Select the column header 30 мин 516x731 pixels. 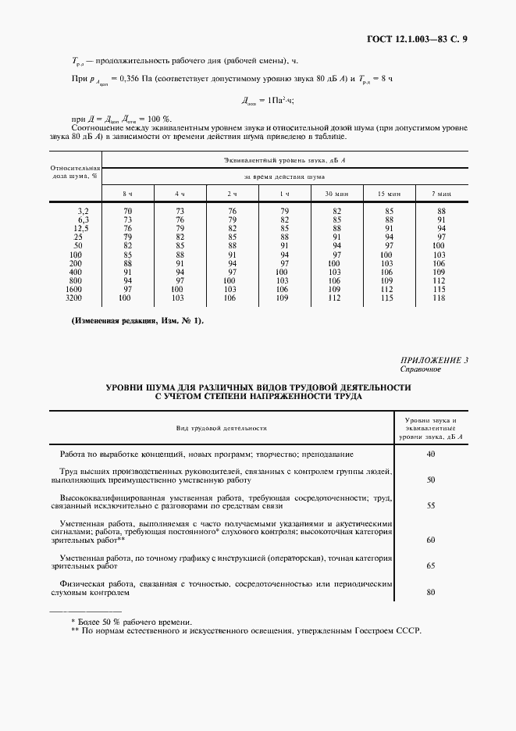(336, 193)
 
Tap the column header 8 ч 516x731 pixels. (126, 193)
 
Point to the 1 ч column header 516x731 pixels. (284, 193)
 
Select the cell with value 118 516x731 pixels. (440, 298)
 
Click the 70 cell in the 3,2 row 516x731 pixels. (126, 211)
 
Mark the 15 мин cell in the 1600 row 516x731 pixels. (386, 289)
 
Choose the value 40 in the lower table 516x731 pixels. (429, 455)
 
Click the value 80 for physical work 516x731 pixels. (429, 591)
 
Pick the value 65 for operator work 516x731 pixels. (429, 564)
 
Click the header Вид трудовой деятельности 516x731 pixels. (221, 428)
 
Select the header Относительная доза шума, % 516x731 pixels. (75, 172)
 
